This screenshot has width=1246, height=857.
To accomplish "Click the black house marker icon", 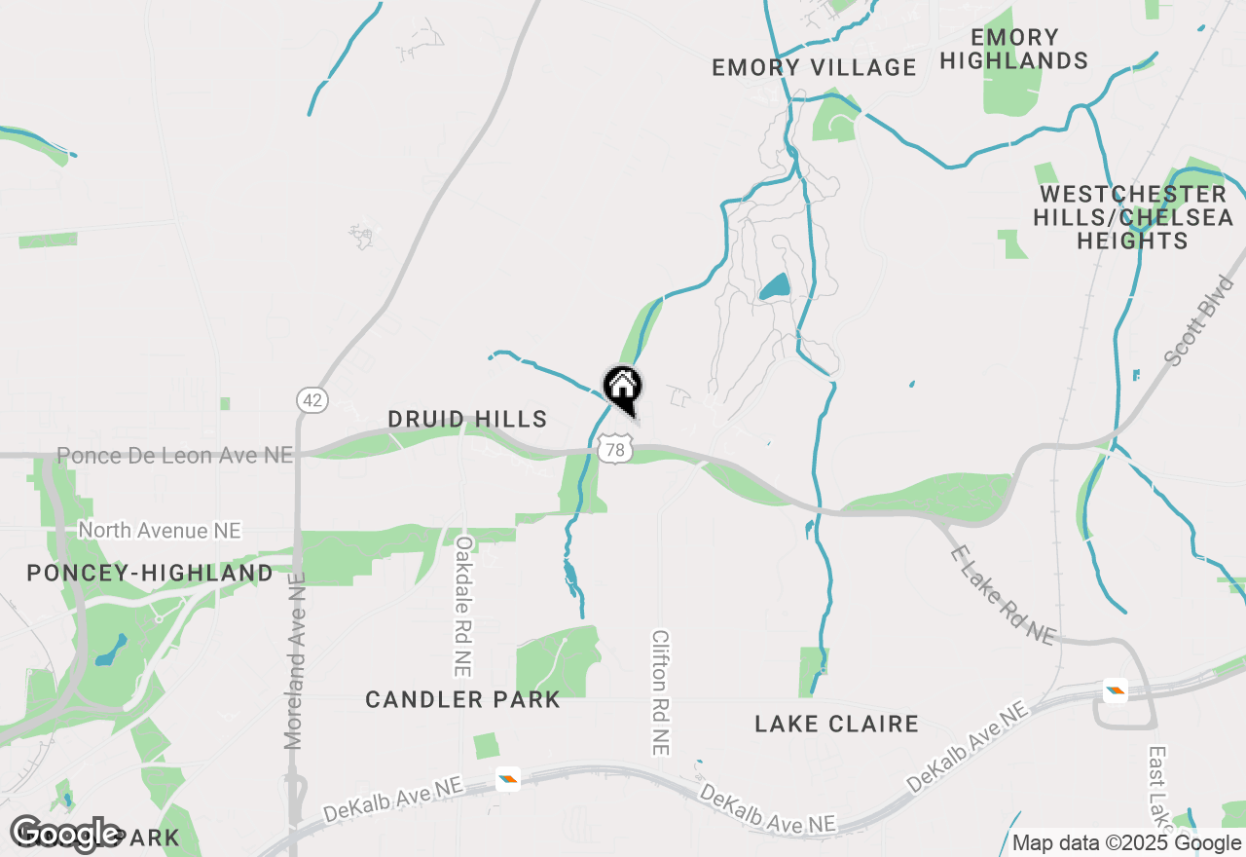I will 623,388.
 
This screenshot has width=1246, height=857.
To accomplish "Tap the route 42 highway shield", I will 311,400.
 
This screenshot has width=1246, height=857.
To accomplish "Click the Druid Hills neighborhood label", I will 467,419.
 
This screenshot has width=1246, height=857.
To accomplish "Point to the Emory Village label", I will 814,67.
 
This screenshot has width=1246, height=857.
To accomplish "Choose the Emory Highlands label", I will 1014,49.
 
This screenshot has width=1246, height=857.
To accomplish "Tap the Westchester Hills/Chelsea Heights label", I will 1133,217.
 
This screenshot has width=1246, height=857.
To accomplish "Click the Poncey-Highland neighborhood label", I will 150,573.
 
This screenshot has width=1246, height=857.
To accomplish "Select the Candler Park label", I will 463,699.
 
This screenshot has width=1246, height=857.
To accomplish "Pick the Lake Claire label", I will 837,724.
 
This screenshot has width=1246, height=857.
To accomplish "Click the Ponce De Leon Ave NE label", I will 175,455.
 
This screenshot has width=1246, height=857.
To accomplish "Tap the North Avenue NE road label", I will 160,531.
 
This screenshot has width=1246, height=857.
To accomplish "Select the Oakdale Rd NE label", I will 463,605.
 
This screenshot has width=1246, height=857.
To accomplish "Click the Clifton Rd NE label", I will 661,691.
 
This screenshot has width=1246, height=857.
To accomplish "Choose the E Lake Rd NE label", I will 1002,594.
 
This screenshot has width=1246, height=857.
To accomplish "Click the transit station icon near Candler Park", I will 507,778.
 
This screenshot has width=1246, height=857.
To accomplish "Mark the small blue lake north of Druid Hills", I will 775,287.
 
